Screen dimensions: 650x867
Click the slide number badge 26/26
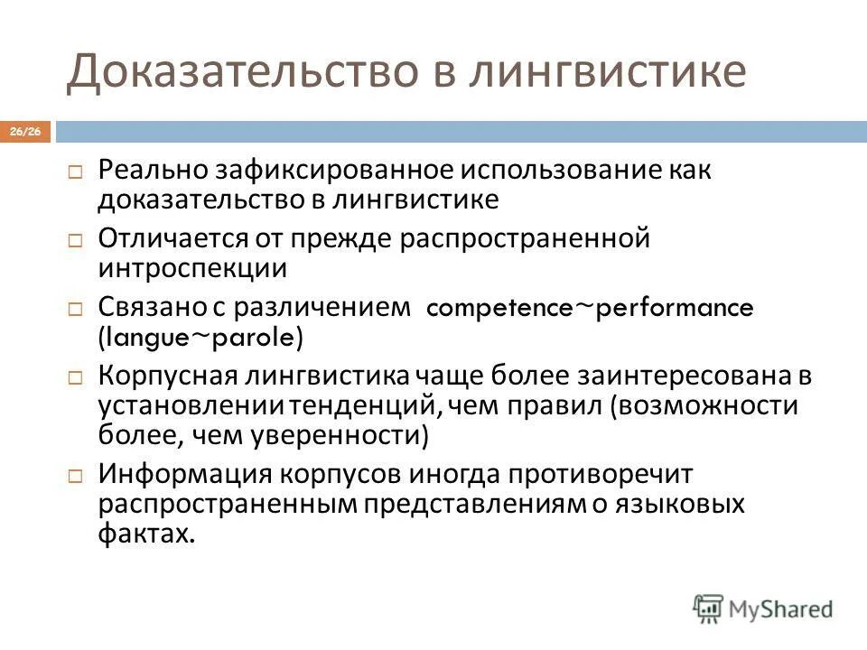coord(26,133)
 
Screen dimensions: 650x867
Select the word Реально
coord(154,172)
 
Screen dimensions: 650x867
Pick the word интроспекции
coord(193,267)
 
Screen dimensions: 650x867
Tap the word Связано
coord(154,308)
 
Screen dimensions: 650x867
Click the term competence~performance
coord(590,309)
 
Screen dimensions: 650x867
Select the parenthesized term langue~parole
coord(201,337)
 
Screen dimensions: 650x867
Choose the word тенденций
coord(359,404)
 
